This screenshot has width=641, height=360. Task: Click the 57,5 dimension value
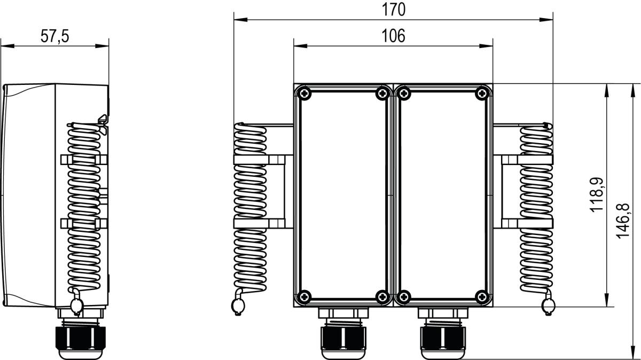click(x=55, y=36)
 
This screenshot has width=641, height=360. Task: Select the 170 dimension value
click(x=394, y=10)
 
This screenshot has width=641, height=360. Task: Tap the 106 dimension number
click(x=394, y=36)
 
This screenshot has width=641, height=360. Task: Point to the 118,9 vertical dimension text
click(x=597, y=194)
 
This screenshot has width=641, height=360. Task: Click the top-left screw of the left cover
click(x=304, y=93)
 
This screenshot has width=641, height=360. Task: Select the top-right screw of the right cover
click(x=482, y=93)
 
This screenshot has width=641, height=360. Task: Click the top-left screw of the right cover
click(x=404, y=93)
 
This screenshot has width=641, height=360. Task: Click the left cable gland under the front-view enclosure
click(x=344, y=334)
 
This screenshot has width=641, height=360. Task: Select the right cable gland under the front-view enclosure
click(x=443, y=334)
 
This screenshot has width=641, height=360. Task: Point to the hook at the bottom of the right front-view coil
click(x=548, y=306)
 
